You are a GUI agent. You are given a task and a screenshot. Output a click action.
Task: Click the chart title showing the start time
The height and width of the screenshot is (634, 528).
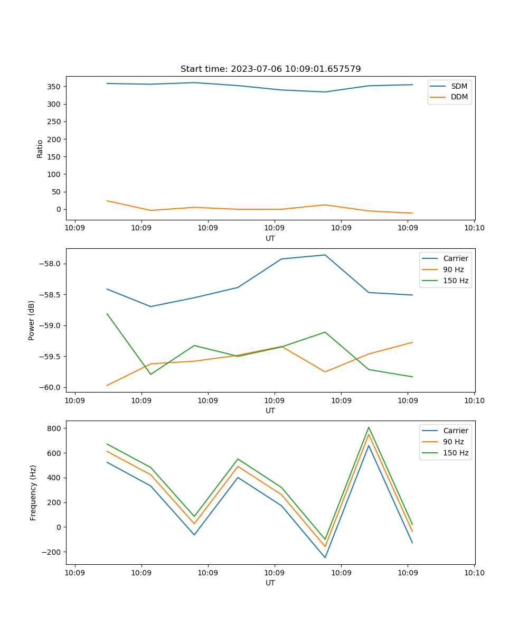tap(270, 69)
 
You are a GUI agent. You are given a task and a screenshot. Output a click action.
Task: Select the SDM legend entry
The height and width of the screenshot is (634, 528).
tap(459, 86)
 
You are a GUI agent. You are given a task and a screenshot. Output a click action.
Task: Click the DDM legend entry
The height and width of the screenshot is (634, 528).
tap(459, 97)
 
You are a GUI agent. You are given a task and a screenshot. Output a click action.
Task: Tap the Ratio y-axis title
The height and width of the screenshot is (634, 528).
tap(40, 148)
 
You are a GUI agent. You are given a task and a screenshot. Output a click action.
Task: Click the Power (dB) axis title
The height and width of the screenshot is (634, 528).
tap(32, 320)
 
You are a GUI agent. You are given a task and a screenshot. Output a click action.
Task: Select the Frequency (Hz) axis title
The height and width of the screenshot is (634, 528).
tap(33, 492)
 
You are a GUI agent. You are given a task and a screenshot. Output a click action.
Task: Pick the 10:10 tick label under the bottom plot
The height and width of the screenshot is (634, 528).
tap(474, 572)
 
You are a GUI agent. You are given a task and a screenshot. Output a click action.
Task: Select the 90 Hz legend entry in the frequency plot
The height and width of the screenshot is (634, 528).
tap(454, 442)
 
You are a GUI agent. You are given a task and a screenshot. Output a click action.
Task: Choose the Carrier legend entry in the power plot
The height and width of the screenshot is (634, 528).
tap(455, 258)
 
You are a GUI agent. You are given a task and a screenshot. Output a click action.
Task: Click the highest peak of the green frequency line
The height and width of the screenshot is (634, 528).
tap(369, 427)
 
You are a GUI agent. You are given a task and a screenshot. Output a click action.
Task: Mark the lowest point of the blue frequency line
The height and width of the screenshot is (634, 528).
tap(325, 557)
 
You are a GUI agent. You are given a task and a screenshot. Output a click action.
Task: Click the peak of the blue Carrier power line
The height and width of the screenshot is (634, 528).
tap(325, 255)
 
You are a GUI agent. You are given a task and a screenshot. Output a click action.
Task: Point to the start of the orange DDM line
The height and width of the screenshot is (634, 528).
tap(107, 201)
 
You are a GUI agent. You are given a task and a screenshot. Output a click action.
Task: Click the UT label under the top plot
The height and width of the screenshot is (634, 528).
tap(270, 238)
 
